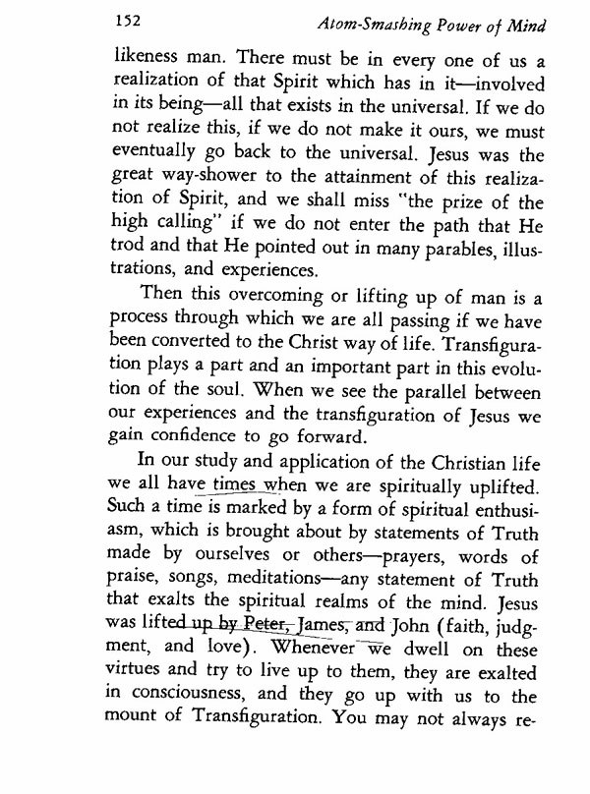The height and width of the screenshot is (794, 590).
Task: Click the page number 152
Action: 130,18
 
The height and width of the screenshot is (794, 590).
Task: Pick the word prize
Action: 428,229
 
